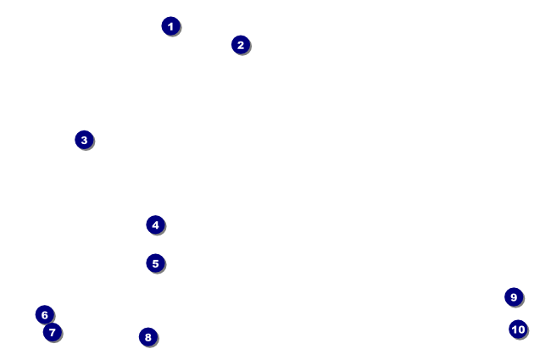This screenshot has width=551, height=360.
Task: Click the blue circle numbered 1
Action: [x=170, y=26]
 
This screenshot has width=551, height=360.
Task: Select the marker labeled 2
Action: [x=241, y=45]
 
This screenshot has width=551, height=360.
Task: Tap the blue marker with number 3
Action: [x=84, y=140]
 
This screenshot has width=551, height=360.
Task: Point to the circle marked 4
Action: [x=155, y=225]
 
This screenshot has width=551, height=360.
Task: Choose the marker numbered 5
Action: [x=155, y=263]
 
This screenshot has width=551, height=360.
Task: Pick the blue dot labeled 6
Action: [x=45, y=315]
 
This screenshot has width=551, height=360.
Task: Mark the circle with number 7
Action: [x=53, y=332]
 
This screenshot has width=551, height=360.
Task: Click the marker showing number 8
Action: [x=148, y=337]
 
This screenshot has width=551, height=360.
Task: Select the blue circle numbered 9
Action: [x=514, y=297]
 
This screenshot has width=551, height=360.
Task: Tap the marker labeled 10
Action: [x=518, y=330]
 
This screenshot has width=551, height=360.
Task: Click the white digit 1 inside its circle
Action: [x=170, y=26]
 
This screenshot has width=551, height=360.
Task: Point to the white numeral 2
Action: [x=241, y=45]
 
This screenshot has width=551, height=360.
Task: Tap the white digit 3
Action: [x=84, y=140]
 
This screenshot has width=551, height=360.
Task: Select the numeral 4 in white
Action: [x=155, y=225]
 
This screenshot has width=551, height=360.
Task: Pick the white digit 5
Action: [x=155, y=263]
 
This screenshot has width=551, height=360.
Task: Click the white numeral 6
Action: [x=45, y=315]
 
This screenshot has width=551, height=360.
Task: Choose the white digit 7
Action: [x=53, y=332]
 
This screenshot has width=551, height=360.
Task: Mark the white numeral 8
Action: [x=148, y=337]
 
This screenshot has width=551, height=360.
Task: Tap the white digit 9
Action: [x=514, y=297]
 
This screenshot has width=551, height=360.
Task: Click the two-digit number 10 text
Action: [x=518, y=330]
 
